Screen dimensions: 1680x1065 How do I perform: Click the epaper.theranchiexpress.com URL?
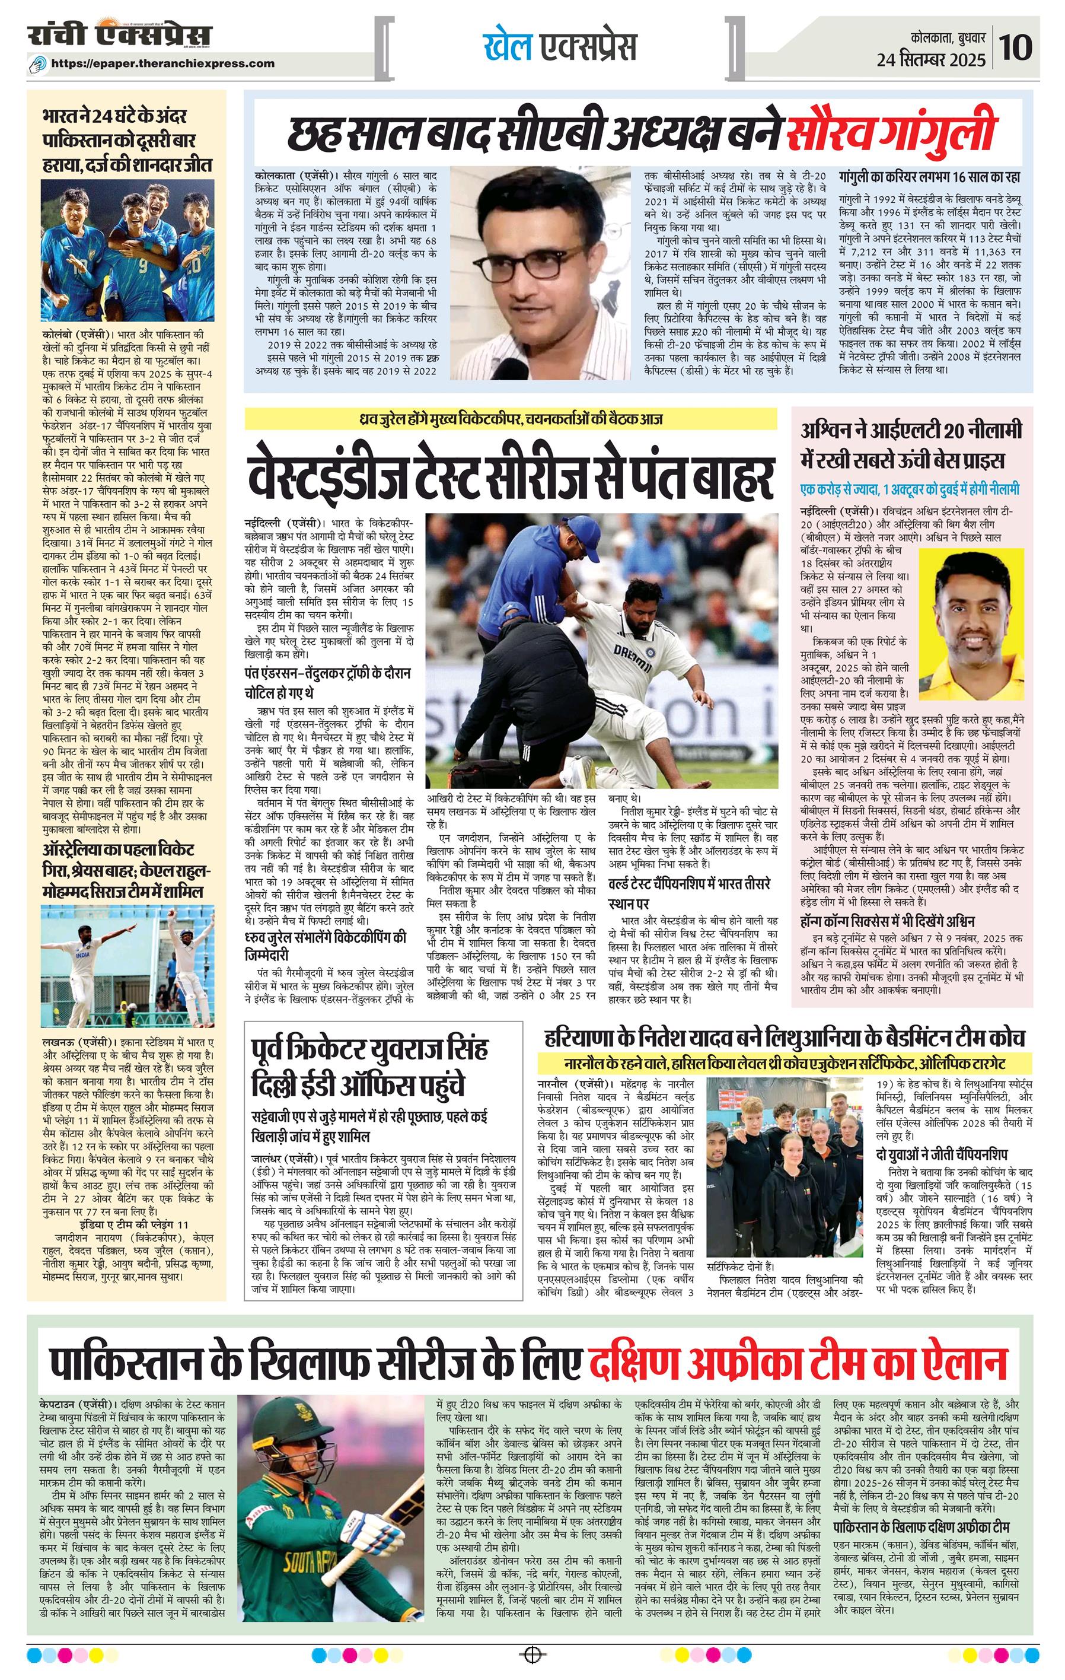(163, 63)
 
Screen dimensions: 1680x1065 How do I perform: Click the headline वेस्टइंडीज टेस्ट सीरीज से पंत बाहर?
(510, 476)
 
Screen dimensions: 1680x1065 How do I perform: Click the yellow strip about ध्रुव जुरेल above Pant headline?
(510, 419)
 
